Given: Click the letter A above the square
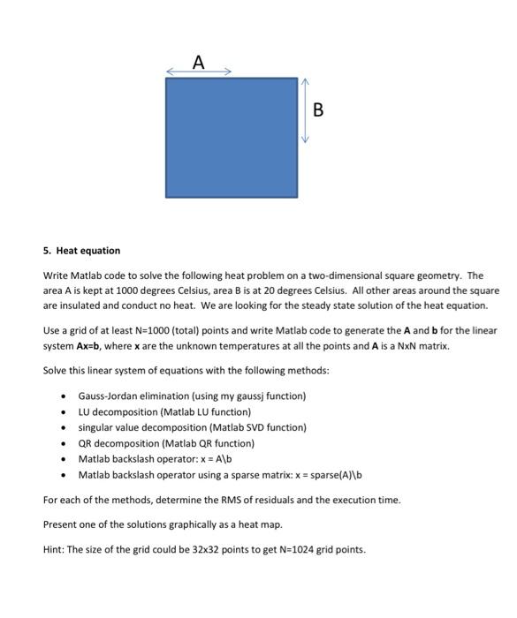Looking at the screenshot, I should pyautogui.click(x=199, y=62).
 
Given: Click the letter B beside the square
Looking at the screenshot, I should pyautogui.click(x=318, y=110).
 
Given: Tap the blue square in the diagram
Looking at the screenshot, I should pyautogui.click(x=231, y=137).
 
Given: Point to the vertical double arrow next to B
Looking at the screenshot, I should pyautogui.click(x=304, y=110).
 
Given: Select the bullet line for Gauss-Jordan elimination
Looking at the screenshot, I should pyautogui.click(x=191, y=396).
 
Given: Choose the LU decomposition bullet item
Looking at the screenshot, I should pyautogui.click(x=164, y=411).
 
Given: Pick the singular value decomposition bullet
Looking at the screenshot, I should pyautogui.click(x=192, y=427).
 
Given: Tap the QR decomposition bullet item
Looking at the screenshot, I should pyautogui.click(x=165, y=443).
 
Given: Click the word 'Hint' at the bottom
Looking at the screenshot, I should pyautogui.click(x=53, y=549).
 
